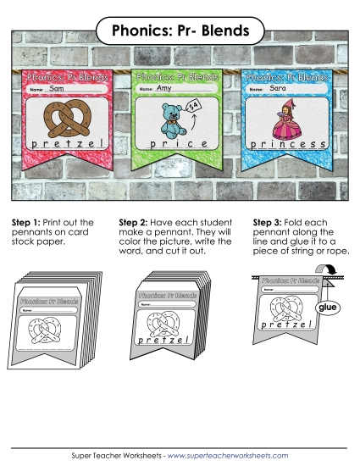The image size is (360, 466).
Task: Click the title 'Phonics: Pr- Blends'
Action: tap(180, 31)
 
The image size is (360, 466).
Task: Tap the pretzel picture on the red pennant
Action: tap(64, 121)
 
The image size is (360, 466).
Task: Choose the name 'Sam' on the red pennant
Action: tap(57, 88)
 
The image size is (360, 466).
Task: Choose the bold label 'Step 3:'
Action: tap(269, 224)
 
